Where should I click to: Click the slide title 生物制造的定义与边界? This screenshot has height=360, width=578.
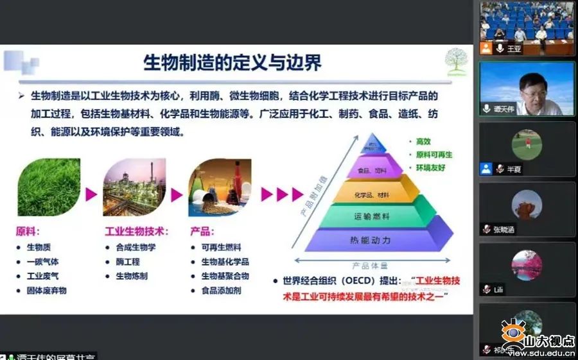click(x=232, y=63)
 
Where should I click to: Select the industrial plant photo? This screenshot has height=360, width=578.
click(x=134, y=187)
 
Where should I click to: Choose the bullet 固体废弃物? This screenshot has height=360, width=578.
click(x=46, y=291)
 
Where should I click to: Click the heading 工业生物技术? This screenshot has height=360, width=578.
click(x=137, y=232)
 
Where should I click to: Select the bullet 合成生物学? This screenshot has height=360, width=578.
click(x=136, y=248)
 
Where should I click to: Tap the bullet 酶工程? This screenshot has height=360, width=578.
click(x=127, y=262)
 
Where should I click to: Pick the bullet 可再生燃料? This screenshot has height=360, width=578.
click(x=221, y=248)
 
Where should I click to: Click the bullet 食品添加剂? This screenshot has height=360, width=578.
click(x=221, y=291)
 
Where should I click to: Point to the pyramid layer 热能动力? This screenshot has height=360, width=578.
click(x=370, y=240)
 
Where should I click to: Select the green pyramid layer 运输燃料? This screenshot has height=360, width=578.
click(x=371, y=217)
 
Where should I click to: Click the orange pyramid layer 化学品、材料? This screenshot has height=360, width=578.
click(x=371, y=194)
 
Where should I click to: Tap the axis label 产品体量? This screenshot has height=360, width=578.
click(x=370, y=265)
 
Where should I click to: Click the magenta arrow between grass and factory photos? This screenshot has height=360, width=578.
click(x=91, y=194)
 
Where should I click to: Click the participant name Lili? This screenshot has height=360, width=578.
click(x=498, y=290)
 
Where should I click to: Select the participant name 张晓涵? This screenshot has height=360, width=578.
click(x=505, y=230)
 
